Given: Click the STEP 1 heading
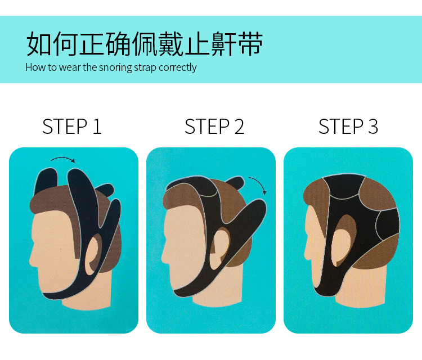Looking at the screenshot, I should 72,127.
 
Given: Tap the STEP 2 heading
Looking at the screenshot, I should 214,127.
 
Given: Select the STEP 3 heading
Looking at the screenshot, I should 348,127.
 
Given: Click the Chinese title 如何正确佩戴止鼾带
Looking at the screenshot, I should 145,44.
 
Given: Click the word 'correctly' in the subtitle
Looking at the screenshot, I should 178,67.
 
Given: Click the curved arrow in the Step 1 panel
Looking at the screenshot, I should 62,159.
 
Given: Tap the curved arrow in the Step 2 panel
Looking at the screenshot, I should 258,186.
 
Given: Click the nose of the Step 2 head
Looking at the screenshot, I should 165,256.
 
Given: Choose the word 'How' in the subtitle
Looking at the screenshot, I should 34,67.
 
